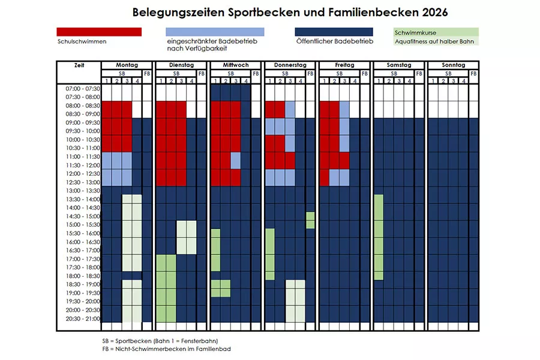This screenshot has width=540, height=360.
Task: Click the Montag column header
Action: coord(127,65)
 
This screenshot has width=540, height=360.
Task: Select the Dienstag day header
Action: coord(181,65)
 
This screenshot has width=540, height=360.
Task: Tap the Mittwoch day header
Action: coord(235,65)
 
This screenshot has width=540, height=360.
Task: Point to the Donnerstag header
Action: coord(290,65)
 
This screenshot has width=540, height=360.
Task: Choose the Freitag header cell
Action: coord(344,65)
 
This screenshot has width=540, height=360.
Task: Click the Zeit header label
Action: coord(79,65)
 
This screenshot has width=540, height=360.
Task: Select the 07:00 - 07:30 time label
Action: coord(83,88)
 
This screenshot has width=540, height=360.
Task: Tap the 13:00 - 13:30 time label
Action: coord(83,191)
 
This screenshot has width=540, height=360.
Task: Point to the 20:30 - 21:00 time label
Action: coord(83,318)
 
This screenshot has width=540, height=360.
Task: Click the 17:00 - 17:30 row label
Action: coord(83,259)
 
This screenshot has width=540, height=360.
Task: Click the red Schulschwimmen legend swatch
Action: coord(99,32)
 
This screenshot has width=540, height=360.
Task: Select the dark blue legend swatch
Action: coord(334,32)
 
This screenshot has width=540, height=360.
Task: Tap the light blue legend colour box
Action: coord(214,32)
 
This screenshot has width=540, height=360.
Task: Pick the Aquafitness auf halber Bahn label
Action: coord(427,41)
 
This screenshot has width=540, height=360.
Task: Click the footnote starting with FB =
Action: coord(166,349)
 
